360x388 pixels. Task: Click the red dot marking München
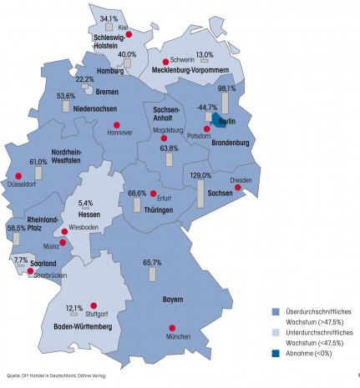[x=173, y=329]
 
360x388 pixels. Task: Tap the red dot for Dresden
[x=237, y=189]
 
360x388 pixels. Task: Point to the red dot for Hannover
[x=116, y=126]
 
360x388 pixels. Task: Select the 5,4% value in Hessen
[x=85, y=203]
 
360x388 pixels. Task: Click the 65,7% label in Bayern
[x=152, y=263]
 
